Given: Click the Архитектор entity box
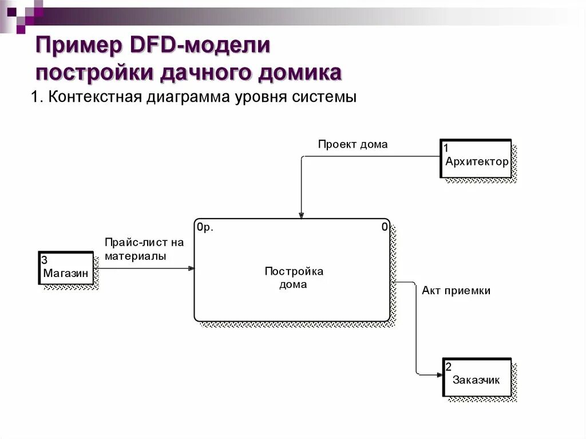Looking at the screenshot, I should [476, 159].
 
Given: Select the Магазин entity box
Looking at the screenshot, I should [66, 268].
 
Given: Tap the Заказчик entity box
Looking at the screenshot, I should [477, 377].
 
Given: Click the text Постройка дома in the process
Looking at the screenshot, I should [293, 278].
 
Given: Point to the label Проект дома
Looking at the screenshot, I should [353, 144].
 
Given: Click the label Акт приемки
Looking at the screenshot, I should [456, 291].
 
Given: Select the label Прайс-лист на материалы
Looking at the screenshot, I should [144, 250].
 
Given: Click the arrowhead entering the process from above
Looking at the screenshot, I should [300, 215].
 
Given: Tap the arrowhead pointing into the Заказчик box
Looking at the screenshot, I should [439, 375].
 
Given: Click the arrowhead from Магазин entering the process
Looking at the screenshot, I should [191, 268].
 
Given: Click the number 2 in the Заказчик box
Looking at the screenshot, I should [449, 367].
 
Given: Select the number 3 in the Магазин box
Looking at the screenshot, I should [44, 260].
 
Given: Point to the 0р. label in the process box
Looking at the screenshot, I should [205, 227].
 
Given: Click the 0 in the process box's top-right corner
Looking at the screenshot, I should [385, 227].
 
